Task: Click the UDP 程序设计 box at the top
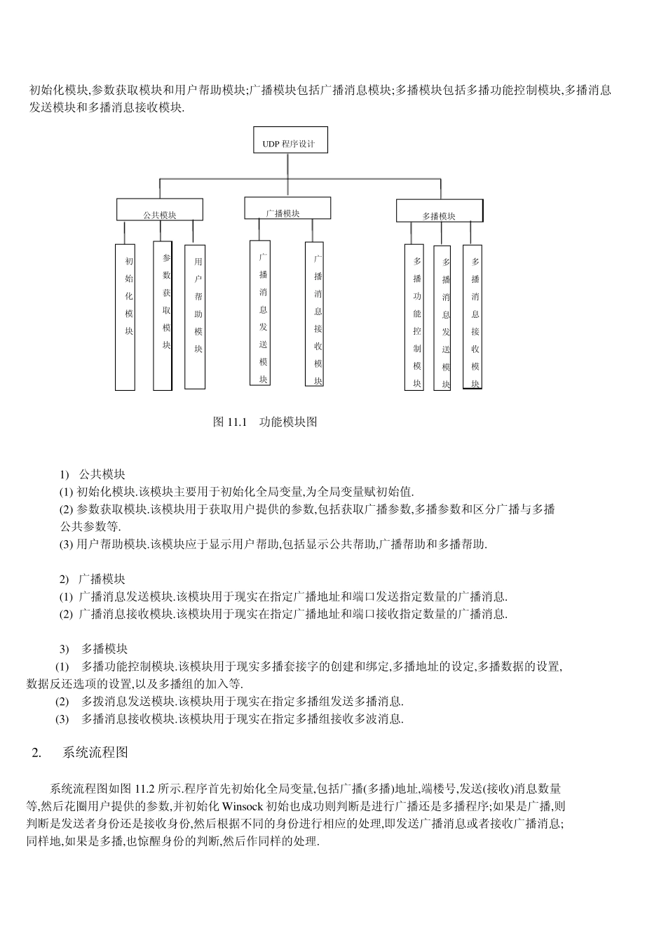(x=290, y=144)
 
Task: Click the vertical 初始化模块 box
(x=125, y=316)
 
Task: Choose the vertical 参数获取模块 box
(x=163, y=316)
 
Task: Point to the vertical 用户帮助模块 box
(x=195, y=316)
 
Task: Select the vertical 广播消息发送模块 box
(x=260, y=313)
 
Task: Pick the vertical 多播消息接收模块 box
(x=473, y=316)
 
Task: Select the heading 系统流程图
(x=95, y=753)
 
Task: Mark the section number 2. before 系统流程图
(x=37, y=753)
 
